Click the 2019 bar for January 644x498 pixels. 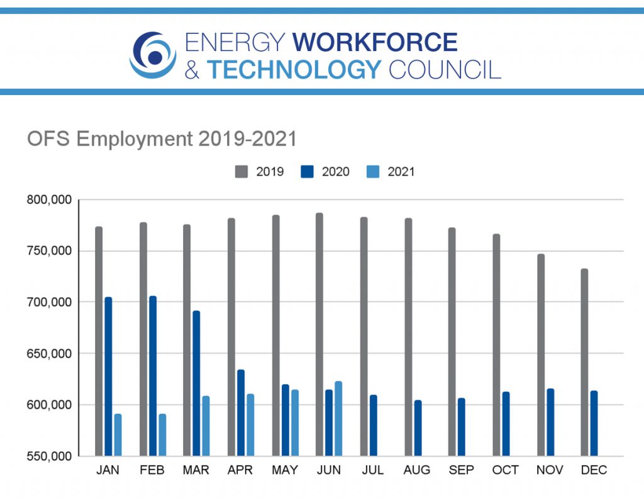(99, 341)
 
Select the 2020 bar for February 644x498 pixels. (153, 375)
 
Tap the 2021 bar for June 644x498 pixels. (338, 418)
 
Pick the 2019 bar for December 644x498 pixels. (584, 362)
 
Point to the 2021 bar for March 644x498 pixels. (206, 426)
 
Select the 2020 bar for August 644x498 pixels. (418, 427)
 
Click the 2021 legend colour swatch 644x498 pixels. (372, 171)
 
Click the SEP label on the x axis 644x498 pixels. (461, 470)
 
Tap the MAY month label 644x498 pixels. (285, 470)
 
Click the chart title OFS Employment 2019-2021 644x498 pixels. (162, 139)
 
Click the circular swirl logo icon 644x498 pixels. (153, 55)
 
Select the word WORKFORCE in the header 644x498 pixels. (375, 43)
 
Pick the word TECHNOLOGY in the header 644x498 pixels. (294, 69)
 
